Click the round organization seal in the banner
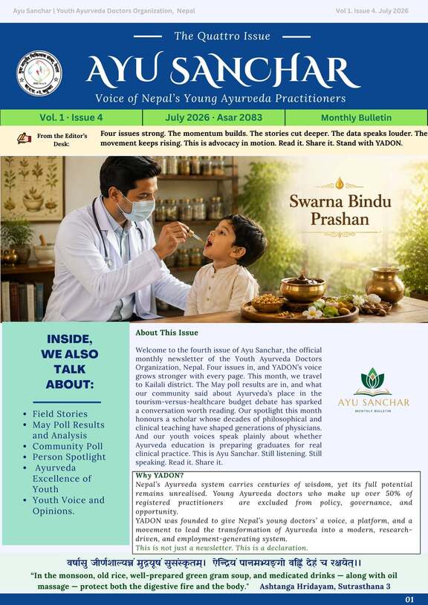click(39, 73)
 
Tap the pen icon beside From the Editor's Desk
click(24, 138)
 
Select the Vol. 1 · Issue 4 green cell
click(71, 118)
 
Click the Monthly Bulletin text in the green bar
click(356, 118)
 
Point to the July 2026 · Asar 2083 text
click(213, 118)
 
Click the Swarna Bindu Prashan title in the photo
click(340, 210)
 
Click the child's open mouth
click(208, 243)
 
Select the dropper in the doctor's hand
click(195, 235)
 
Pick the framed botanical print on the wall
click(33, 189)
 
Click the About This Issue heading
click(166, 333)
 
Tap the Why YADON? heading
click(159, 475)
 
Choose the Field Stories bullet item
click(60, 413)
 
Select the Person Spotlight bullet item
click(69, 457)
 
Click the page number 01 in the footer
click(409, 600)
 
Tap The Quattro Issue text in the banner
click(222, 36)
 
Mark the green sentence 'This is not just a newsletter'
click(221, 548)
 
